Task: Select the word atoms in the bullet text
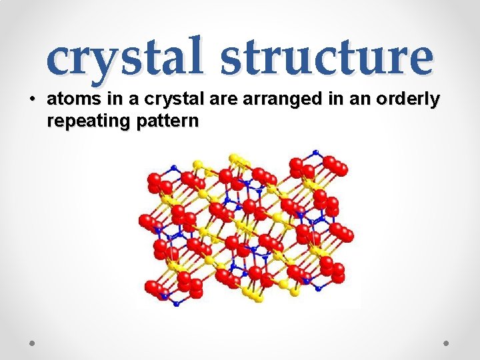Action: (x=69, y=100)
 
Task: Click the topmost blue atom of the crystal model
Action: (x=315, y=153)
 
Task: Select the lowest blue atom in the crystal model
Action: (x=176, y=303)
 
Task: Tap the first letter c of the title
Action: (x=59, y=59)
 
